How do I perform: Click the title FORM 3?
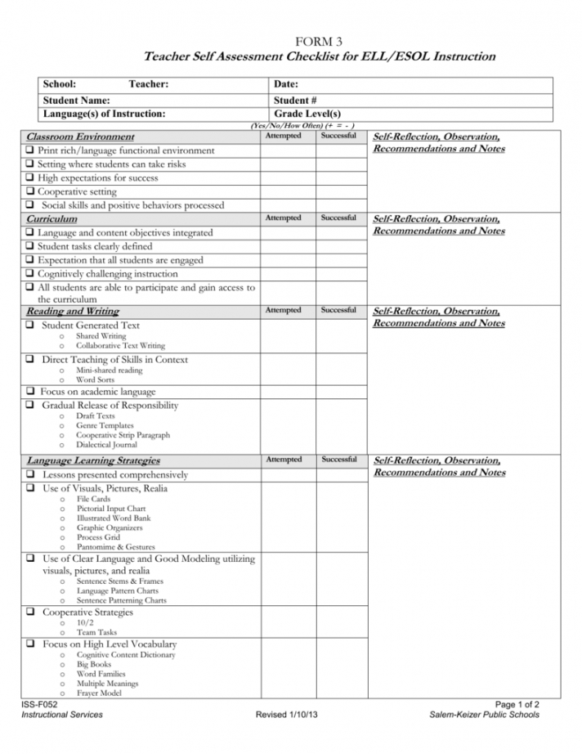point(320,41)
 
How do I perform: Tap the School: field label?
point(60,84)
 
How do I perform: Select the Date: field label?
point(286,84)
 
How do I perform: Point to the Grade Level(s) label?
point(307,114)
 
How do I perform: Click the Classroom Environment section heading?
point(80,137)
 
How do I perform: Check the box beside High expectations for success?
point(30,177)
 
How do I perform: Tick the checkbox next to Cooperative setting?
point(30,191)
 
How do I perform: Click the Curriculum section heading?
point(52,219)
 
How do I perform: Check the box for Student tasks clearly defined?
point(30,246)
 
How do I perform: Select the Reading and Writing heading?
point(73,312)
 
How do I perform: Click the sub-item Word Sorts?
point(95,379)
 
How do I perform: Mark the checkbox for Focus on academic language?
point(30,392)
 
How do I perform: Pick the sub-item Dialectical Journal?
point(107,445)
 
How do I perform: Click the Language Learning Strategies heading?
point(93,460)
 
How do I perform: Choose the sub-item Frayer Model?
point(99,693)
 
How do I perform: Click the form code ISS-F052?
point(39,703)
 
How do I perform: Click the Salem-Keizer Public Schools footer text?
point(484,715)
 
